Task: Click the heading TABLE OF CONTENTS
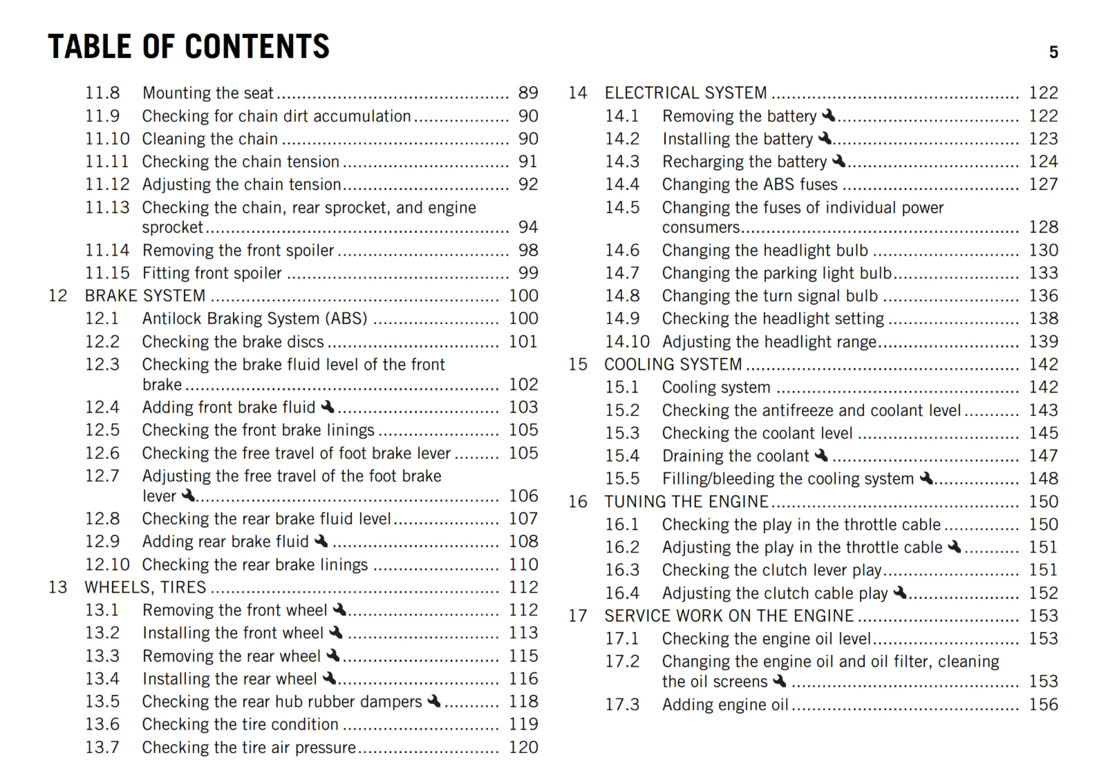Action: (189, 47)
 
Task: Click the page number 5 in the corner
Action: (1053, 53)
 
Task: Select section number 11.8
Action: (102, 93)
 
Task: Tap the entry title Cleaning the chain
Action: (210, 139)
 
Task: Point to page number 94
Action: (528, 227)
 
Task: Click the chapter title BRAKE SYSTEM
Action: (145, 296)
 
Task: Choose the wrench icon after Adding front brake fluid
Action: (328, 406)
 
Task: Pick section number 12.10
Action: (107, 564)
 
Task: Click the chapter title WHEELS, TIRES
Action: (145, 587)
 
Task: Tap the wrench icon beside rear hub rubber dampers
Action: (434, 700)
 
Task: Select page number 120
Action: (523, 747)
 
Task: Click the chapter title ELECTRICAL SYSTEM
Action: (686, 93)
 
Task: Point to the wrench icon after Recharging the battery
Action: (839, 161)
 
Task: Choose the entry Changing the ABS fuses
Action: (749, 184)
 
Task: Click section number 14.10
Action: (628, 342)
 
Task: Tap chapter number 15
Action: (578, 364)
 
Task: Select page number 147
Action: (1043, 456)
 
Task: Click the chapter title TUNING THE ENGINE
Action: (686, 502)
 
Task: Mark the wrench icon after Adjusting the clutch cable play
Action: (900, 592)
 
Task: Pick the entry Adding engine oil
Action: (725, 705)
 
